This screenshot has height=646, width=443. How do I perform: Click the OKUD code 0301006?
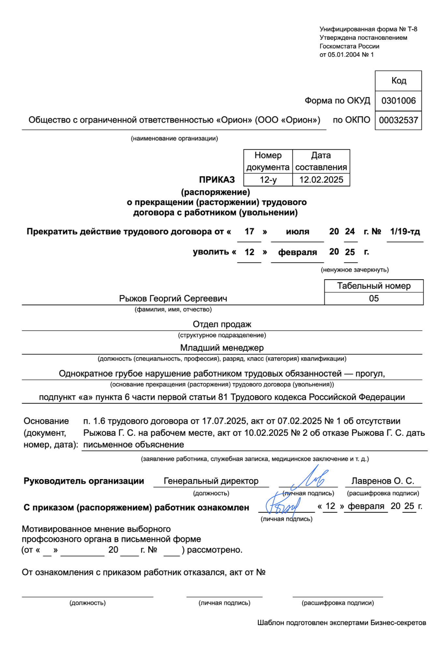pyautogui.click(x=398, y=101)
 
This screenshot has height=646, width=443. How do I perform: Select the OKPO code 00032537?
pyautogui.click(x=398, y=120)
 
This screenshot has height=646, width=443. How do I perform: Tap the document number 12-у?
pyautogui.click(x=268, y=180)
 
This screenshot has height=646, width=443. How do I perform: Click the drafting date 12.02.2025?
pyautogui.click(x=321, y=180)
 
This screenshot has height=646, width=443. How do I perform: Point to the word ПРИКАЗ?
pyautogui.click(x=217, y=180)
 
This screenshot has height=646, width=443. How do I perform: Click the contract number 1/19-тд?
pyautogui.click(x=405, y=232)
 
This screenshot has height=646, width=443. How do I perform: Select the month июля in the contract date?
pyautogui.click(x=297, y=232)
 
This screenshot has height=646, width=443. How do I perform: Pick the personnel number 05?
pyautogui.click(x=374, y=299)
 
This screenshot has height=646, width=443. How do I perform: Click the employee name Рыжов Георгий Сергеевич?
pyautogui.click(x=173, y=299)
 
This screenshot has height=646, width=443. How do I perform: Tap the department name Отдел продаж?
pyautogui.click(x=222, y=324)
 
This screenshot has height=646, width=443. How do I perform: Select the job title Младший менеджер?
pyautogui.click(x=222, y=348)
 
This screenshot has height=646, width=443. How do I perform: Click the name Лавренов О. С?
pyautogui.click(x=382, y=481)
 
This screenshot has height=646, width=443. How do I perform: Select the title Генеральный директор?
pyautogui.click(x=211, y=481)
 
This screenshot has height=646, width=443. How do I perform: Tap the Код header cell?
pyautogui.click(x=398, y=81)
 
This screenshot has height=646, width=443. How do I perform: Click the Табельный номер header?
pyautogui.click(x=374, y=286)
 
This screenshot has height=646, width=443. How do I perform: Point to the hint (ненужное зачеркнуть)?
pyautogui.click(x=354, y=270)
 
